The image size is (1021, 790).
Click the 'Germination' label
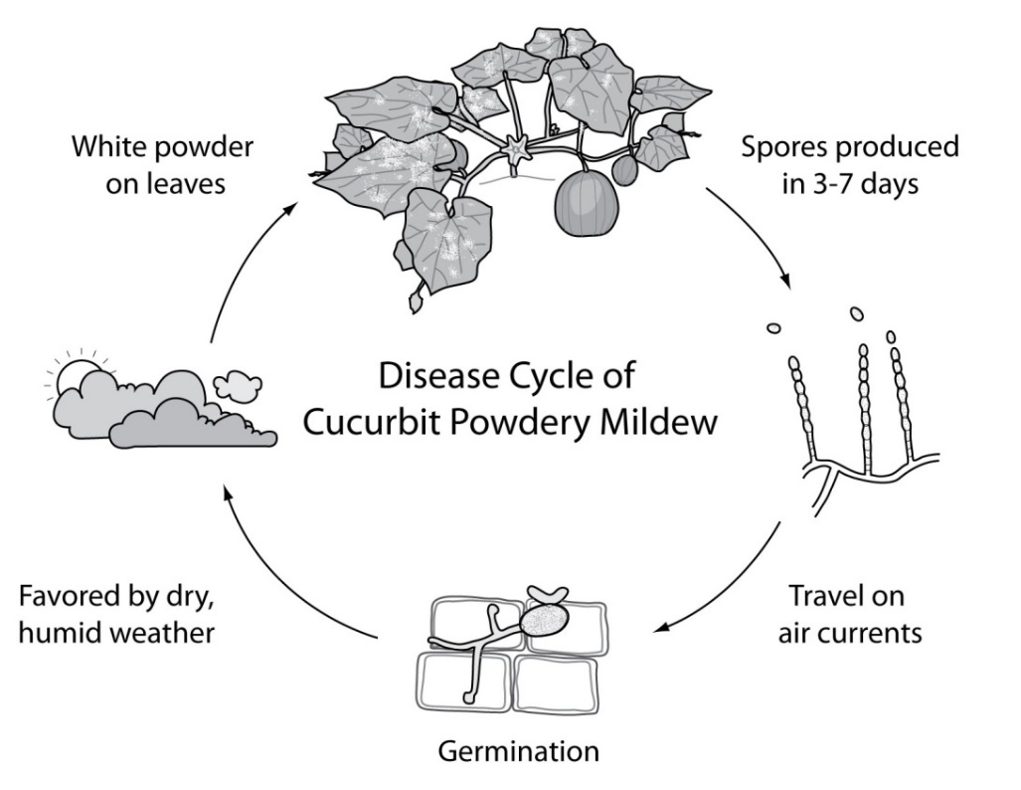(x=518, y=751)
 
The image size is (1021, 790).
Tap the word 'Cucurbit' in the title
(x=370, y=423)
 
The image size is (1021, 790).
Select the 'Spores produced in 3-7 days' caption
(x=850, y=165)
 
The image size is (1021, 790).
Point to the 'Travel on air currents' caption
(x=850, y=614)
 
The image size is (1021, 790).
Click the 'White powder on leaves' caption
(x=163, y=165)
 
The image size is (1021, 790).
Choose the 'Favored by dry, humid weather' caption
(x=116, y=614)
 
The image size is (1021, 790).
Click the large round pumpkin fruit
(x=586, y=203)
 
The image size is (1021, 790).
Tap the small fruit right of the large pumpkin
(x=625, y=169)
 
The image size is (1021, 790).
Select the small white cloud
(x=239, y=385)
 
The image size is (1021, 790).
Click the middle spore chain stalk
(x=865, y=407)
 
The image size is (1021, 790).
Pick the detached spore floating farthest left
(x=773, y=328)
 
